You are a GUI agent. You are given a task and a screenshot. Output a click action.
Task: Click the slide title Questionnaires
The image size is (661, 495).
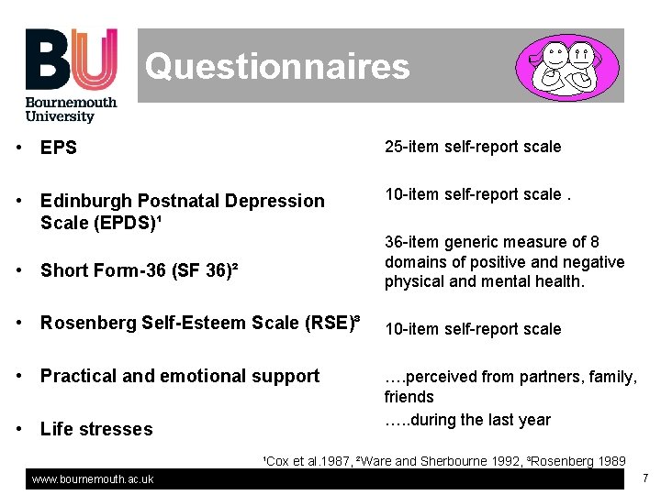click(277, 66)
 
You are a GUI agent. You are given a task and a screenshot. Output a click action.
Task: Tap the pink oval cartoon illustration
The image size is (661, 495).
click(570, 67)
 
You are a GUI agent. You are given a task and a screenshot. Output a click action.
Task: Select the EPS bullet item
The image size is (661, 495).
click(59, 148)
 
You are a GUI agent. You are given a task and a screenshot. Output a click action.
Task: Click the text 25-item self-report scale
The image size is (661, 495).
click(473, 147)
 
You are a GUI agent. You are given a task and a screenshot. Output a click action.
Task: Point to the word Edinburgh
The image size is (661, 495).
click(83, 201)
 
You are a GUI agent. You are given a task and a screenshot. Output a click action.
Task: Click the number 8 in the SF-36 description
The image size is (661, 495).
click(595, 242)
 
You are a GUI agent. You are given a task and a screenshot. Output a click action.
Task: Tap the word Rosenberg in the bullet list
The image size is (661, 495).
click(84, 323)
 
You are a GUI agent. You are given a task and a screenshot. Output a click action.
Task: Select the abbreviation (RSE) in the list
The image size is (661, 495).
click(328, 323)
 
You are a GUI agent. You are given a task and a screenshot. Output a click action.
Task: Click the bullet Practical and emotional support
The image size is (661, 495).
click(180, 376)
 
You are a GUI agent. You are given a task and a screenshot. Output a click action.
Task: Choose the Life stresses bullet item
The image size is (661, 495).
click(96, 429)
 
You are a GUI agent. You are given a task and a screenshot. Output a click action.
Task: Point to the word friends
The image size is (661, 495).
click(409, 397)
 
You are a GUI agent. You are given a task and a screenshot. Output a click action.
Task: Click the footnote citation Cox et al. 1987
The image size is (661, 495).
click(308, 461)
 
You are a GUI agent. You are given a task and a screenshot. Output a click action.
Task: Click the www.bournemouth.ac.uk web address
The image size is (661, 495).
click(93, 479)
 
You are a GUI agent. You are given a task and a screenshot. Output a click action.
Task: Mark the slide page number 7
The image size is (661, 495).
click(645, 478)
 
